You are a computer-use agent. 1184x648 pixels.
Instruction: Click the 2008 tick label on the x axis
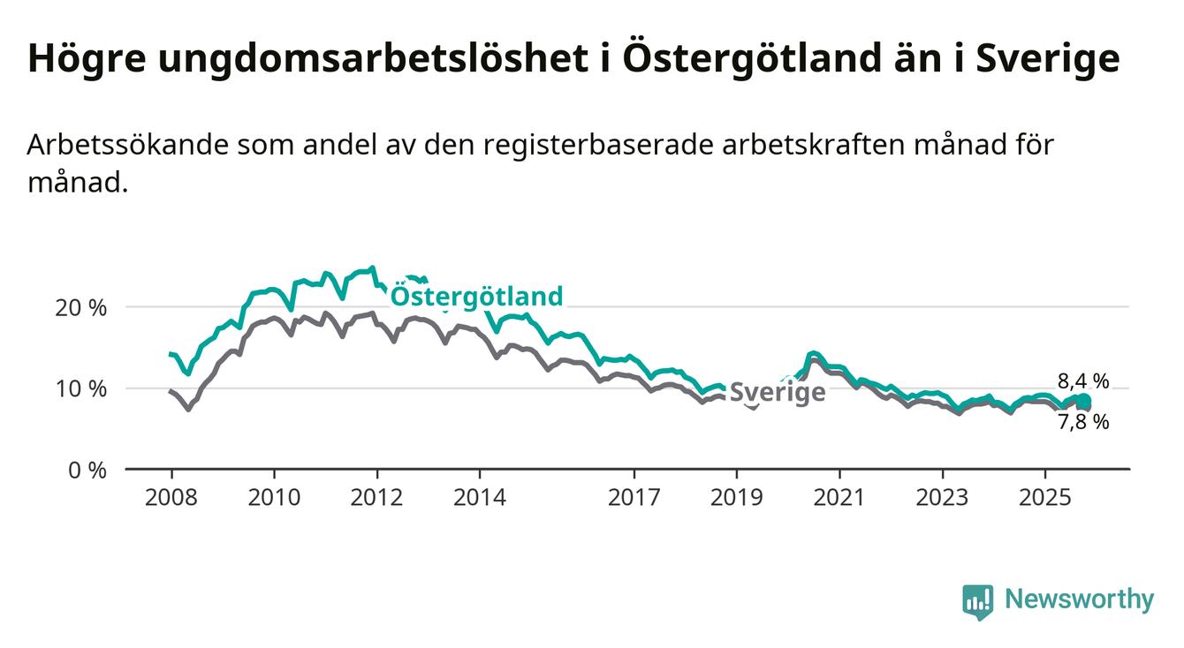171,498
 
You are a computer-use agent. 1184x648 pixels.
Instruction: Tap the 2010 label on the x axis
274,498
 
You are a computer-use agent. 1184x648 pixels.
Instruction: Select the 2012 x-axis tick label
377,498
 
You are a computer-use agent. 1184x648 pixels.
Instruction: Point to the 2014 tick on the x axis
480,498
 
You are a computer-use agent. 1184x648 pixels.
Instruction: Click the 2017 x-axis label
634,498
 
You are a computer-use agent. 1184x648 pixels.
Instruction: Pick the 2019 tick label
736,498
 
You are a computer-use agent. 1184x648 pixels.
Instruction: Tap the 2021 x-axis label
839,498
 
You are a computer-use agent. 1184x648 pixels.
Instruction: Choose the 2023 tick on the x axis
942,498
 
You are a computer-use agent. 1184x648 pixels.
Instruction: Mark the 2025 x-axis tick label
1044,498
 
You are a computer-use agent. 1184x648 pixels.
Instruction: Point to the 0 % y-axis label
87,471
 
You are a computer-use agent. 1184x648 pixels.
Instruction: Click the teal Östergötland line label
476,296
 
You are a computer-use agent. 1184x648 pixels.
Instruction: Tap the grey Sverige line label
778,392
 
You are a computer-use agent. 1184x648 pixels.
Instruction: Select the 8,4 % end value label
1082,381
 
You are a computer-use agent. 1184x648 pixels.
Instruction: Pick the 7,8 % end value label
1082,422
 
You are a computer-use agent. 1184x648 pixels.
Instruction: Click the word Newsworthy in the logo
1079,600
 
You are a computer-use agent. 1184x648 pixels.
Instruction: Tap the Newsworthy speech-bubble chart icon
977,602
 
